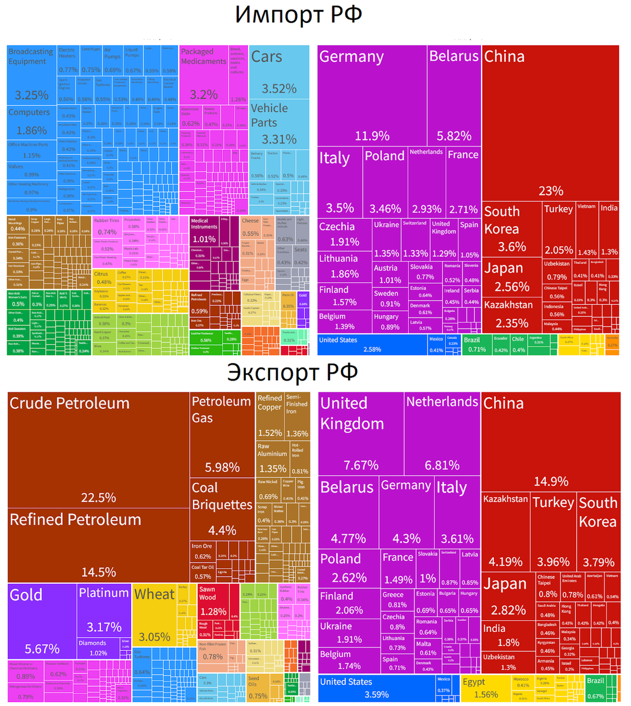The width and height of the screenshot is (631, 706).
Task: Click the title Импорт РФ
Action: tap(298, 15)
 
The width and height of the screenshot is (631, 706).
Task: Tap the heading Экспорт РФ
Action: tap(292, 373)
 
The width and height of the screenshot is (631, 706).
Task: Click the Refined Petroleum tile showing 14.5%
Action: tap(98, 545)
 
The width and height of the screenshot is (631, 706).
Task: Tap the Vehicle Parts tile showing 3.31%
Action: tap(278, 124)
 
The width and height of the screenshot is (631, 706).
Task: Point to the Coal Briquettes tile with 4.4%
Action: tap(222, 509)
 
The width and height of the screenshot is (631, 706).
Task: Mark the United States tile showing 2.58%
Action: tap(372, 345)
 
